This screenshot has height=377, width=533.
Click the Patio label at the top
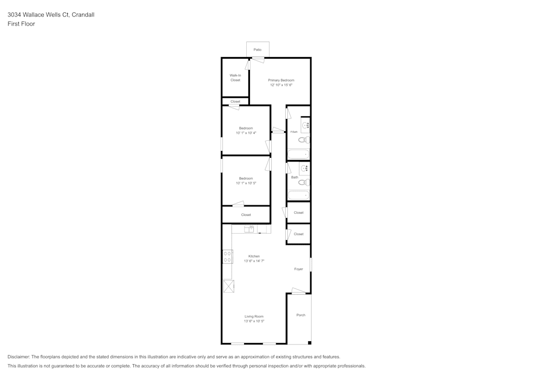click(257, 50)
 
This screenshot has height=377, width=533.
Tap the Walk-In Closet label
click(235, 78)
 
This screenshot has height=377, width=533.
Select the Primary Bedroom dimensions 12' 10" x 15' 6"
click(281, 85)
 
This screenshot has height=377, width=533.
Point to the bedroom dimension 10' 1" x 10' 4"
click(246, 133)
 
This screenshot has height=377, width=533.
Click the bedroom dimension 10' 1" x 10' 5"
click(246, 183)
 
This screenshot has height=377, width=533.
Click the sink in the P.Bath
click(305, 125)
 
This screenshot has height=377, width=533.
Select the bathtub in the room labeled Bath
click(298, 195)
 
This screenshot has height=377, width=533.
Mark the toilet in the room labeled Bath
click(304, 182)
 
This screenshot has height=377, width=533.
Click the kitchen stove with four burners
click(227, 256)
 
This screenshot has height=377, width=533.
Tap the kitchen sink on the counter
click(249, 229)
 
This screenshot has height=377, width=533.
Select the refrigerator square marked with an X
click(228, 286)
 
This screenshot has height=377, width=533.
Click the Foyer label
click(298, 269)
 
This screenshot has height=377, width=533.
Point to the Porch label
click(301, 315)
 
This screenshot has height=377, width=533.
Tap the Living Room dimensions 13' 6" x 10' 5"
click(254, 322)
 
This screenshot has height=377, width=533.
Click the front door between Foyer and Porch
click(298, 292)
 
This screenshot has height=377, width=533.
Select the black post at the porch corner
click(310, 343)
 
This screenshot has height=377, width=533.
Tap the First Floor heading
click(21, 24)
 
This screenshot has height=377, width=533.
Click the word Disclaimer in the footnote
click(19, 357)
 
